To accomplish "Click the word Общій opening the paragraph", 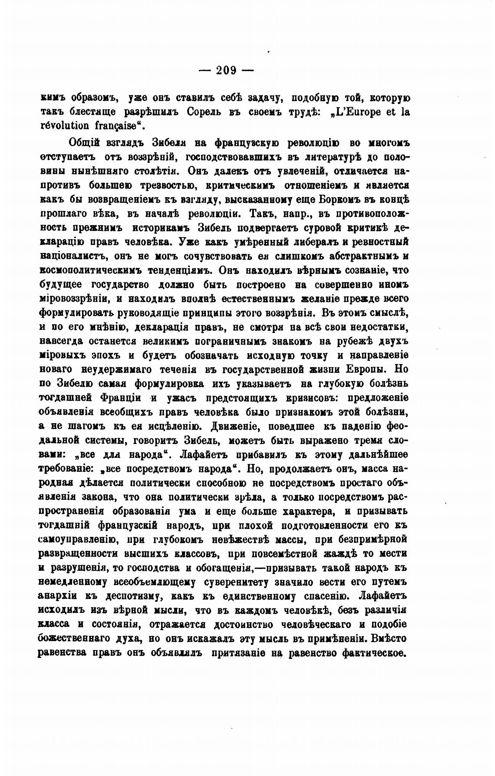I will [x=85, y=143].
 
